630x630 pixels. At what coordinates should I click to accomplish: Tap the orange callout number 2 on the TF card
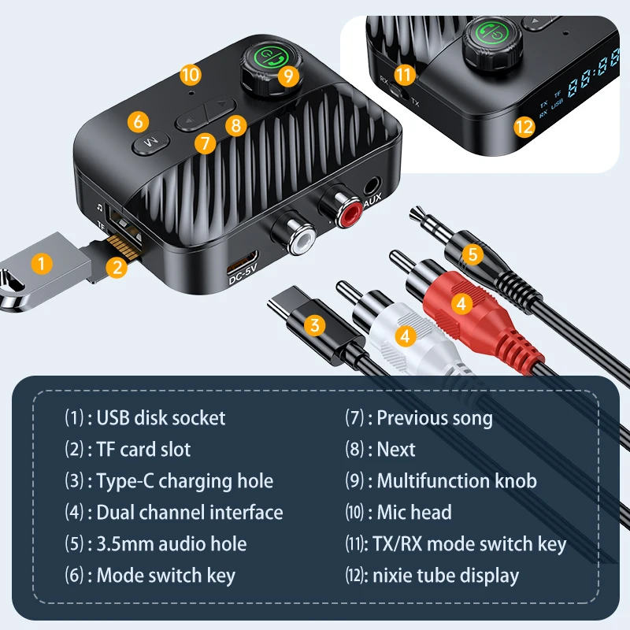pos(117,266)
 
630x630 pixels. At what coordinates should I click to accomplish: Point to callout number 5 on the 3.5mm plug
pos(471,254)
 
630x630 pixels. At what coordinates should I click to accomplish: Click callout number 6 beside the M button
pos(138,121)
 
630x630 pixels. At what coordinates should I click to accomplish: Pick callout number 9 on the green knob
pos(289,76)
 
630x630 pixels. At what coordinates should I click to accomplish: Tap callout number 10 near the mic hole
pos(190,75)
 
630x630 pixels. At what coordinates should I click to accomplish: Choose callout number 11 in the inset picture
pos(404,76)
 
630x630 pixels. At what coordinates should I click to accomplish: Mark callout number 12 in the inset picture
pos(525,125)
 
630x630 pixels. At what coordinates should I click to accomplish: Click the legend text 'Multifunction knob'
pos(457,480)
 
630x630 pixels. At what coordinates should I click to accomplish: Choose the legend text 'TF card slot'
pos(143,450)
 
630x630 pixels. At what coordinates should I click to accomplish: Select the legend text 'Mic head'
pos(414,513)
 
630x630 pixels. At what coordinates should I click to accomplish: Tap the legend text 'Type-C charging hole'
pos(184,481)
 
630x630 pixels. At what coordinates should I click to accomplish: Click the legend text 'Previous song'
pos(435,417)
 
